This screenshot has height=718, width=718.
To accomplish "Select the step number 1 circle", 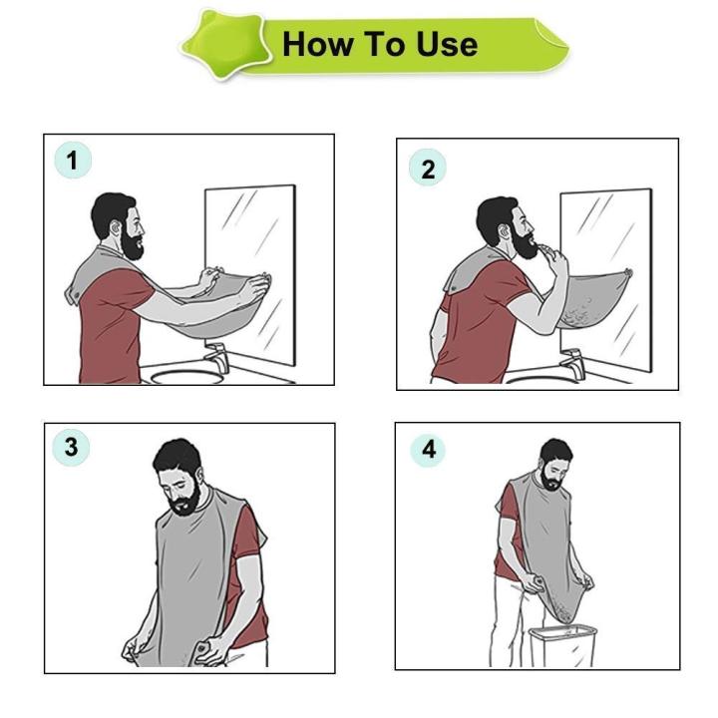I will click(72, 161).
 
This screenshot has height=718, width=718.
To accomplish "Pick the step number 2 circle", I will click(428, 169).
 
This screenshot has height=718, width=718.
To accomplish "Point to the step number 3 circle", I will click(71, 448).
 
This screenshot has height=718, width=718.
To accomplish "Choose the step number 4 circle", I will click(428, 450).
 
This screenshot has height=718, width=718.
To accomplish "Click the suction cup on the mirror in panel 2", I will click(627, 274).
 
